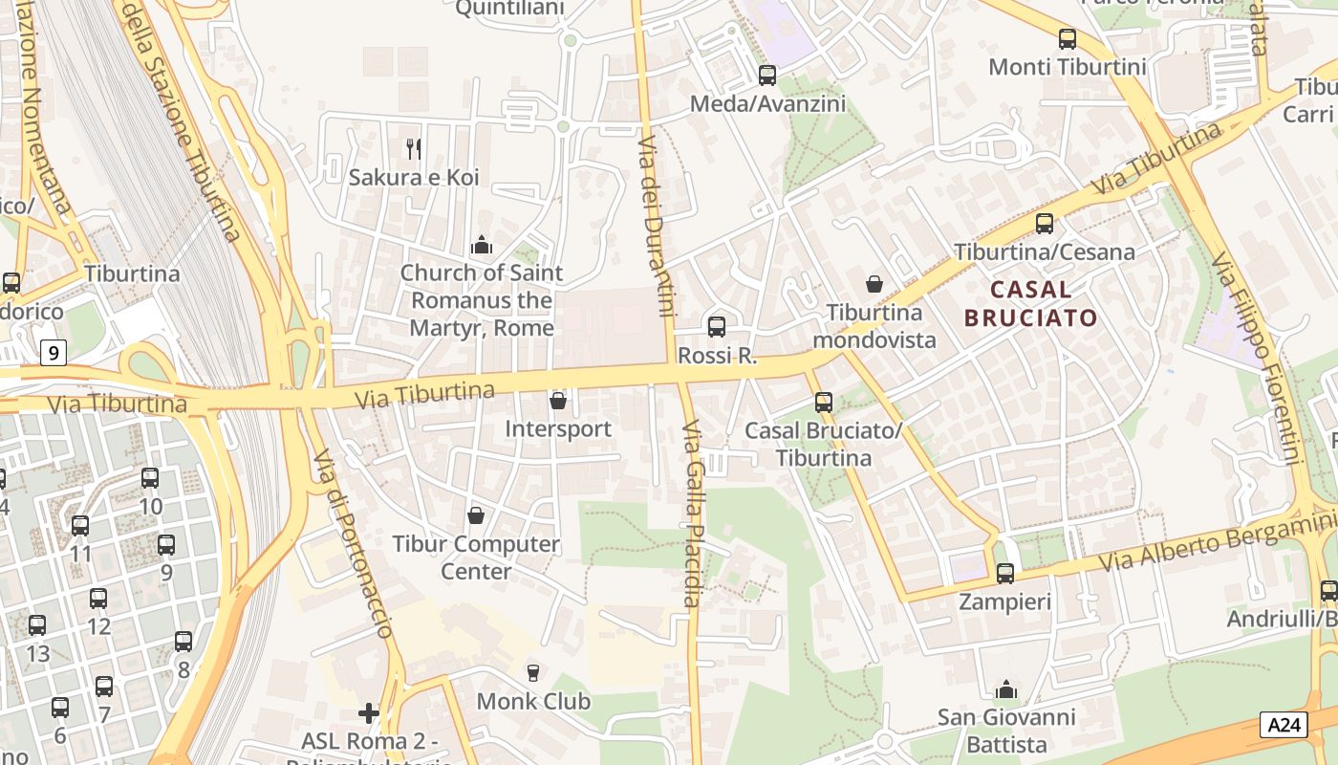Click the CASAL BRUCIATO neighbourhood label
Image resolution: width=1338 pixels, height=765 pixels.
tap(1031, 303)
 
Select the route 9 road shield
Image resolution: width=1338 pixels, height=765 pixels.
tap(54, 353)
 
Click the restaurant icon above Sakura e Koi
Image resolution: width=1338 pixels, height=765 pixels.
tap(414, 148)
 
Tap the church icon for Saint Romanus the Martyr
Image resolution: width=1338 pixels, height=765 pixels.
tap(482, 246)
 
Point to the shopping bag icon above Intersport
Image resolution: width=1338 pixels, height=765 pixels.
tap(558, 400)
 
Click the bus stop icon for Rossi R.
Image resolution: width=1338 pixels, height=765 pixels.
tap(717, 326)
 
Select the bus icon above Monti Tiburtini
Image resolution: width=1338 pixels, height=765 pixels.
tap(1068, 39)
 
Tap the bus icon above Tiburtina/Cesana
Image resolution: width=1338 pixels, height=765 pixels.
tap(1045, 224)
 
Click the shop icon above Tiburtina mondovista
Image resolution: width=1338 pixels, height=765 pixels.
tap(874, 283)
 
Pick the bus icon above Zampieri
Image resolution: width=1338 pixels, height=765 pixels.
tap(1004, 574)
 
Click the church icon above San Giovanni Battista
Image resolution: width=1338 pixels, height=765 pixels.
tap(1005, 689)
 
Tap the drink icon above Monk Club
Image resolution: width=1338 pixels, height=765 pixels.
tap(533, 673)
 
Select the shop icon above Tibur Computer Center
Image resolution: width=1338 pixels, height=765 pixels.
tap(476, 515)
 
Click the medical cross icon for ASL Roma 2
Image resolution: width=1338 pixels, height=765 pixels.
tap(369, 713)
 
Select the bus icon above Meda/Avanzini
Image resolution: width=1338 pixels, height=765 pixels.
tap(767, 75)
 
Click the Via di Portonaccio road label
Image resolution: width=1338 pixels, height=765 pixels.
tap(353, 542)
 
